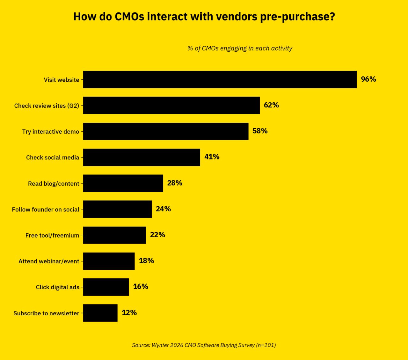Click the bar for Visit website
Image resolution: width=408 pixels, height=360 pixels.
click(220, 79)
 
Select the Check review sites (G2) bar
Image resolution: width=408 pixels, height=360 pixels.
click(171, 105)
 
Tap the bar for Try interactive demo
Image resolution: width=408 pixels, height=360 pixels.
click(166, 131)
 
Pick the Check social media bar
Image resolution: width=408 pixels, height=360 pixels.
click(142, 157)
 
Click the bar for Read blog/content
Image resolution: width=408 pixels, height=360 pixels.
click(123, 183)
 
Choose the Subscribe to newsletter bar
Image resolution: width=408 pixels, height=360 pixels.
click(100, 313)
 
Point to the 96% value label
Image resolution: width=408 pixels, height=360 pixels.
click(368, 79)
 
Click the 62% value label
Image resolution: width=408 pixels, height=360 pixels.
click(271, 105)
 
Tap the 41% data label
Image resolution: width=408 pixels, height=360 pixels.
click(212, 157)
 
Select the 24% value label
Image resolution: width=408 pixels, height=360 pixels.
click(163, 209)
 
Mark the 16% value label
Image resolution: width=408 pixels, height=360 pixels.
click(141, 286)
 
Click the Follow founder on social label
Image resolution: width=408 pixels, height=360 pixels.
click(46, 209)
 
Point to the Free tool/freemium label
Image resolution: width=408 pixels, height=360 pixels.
click(52, 235)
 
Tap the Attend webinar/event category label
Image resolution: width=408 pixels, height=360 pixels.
click(49, 261)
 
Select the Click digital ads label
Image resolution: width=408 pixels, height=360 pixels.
click(57, 287)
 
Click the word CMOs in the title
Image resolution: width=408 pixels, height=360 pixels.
click(129, 17)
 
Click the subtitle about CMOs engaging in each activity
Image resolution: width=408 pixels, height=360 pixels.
click(240, 48)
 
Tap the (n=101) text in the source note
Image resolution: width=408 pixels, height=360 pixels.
click(266, 345)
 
